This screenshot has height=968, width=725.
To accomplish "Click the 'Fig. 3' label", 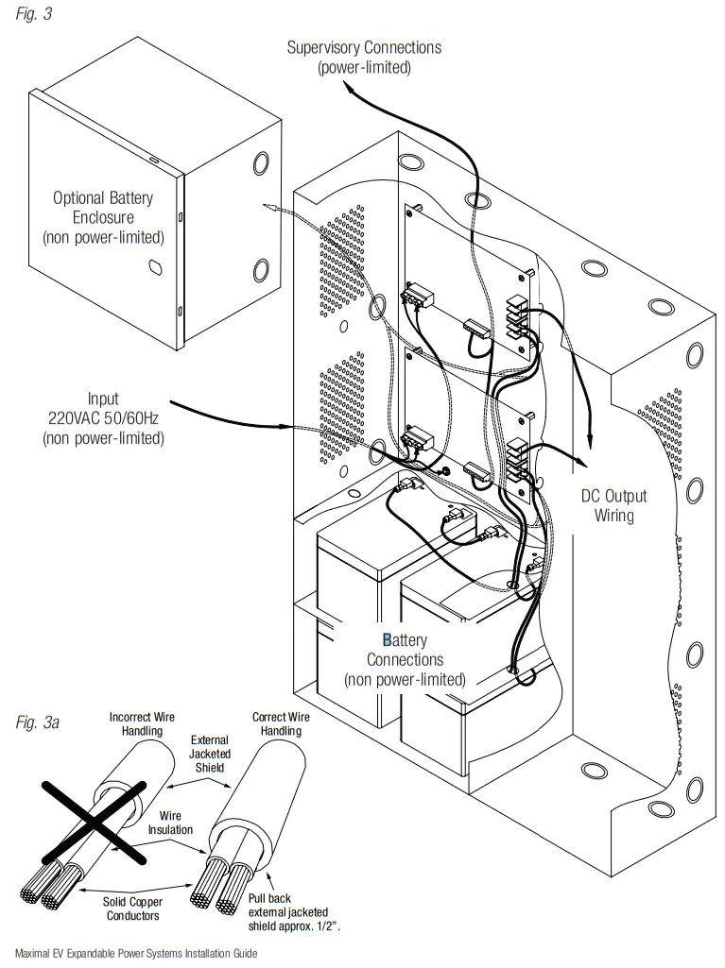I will tap(34, 15).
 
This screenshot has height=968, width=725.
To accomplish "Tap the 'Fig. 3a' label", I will tap(39, 722).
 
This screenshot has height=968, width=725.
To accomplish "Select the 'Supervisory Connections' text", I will tap(364, 47).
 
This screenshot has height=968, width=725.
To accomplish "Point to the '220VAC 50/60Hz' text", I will tap(103, 418).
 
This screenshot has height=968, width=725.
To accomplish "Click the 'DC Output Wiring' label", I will tap(613, 505).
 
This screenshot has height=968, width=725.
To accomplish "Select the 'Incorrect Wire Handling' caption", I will tap(142, 724).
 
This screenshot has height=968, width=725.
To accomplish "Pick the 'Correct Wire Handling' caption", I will tap(281, 724).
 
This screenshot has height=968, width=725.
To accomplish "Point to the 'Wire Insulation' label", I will tap(170, 823).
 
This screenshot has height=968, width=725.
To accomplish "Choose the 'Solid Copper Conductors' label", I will tap(132, 909).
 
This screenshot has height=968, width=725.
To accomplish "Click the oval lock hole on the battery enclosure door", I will tap(152, 268).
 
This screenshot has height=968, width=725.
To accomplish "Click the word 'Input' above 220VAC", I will tap(103, 399).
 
